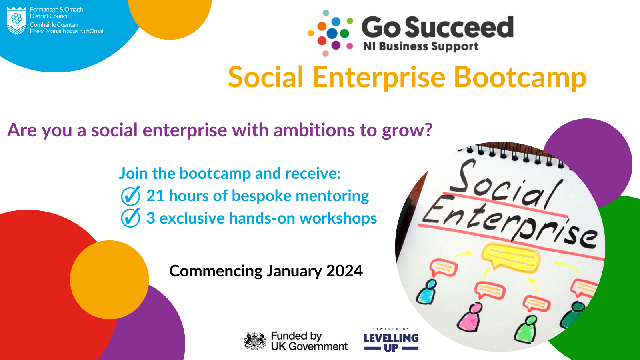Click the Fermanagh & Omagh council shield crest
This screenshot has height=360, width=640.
[x=16, y=20]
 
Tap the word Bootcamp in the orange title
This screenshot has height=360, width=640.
[x=520, y=78]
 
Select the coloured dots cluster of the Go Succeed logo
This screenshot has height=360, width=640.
[x=330, y=33]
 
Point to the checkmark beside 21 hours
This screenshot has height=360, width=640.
[x=130, y=196]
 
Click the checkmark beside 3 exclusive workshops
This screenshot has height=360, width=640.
[x=130, y=218]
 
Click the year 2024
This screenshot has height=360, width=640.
[x=344, y=271]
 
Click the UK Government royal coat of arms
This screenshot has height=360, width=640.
[x=254, y=341]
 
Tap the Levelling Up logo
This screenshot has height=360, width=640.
[x=391, y=340]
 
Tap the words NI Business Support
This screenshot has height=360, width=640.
[x=420, y=46]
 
